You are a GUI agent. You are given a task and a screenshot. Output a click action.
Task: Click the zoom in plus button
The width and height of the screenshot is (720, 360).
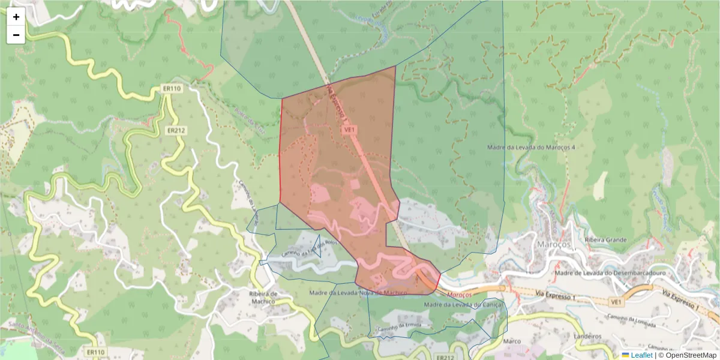tap(16, 17)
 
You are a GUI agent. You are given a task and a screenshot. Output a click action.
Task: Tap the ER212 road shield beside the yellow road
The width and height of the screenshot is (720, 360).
tap(176, 130)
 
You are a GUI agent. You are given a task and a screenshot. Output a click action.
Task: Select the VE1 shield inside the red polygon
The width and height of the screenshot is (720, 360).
tap(350, 129)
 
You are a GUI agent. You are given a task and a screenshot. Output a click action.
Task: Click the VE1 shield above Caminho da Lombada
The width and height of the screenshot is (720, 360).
tap(615, 302)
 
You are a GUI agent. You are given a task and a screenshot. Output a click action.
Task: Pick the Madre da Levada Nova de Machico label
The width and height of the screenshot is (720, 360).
tap(358, 293)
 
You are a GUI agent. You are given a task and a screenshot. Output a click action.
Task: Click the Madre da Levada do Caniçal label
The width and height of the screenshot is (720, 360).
tap(463, 305)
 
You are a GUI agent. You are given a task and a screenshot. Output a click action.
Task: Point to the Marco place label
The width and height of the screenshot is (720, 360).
tap(512, 341)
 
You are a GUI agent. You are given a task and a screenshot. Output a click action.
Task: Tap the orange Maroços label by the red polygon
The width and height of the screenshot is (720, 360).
tap(460, 295)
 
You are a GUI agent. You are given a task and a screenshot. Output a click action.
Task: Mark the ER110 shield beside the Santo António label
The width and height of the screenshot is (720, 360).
tap(95, 352)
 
